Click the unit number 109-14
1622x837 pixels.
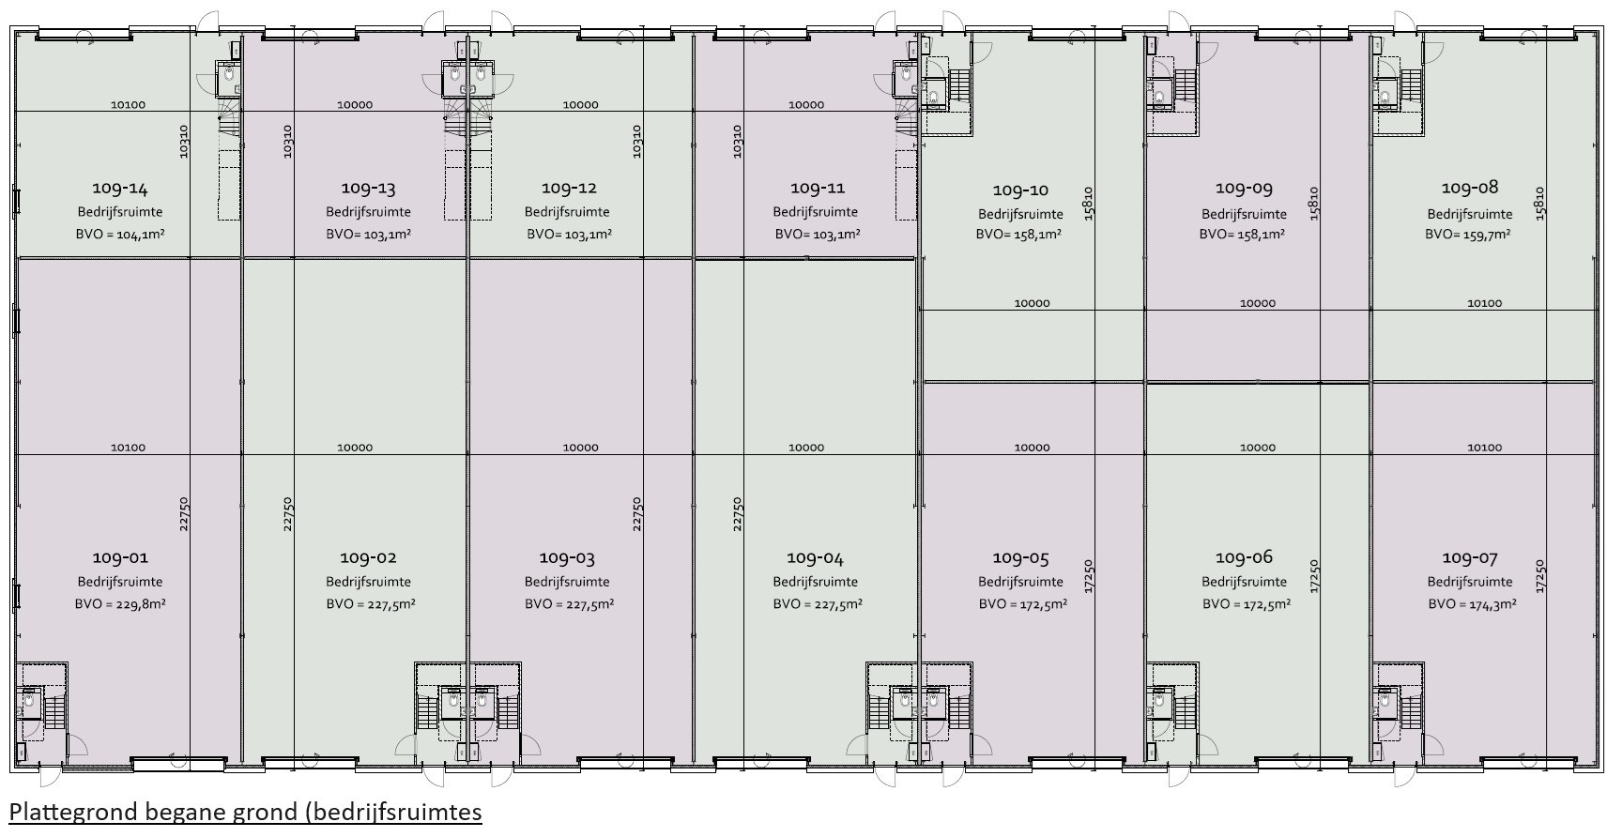pyautogui.click(x=120, y=188)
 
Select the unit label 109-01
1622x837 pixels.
pyautogui.click(x=120, y=557)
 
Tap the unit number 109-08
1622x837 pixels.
pyautogui.click(x=1470, y=188)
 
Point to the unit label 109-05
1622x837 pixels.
pyautogui.click(x=1020, y=557)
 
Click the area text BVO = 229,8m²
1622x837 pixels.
pyautogui.click(x=120, y=604)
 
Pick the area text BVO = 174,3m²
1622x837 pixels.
pyautogui.click(x=1472, y=604)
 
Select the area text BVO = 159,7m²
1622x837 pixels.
pyautogui.click(x=1468, y=234)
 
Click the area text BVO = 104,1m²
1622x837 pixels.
pyautogui.click(x=120, y=235)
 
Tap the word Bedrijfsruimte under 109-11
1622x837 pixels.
pyautogui.click(x=815, y=212)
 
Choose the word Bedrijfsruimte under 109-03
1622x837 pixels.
pyautogui.click(x=567, y=582)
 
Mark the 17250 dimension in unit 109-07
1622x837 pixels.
pyautogui.click(x=1540, y=576)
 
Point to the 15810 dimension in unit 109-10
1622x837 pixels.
pyautogui.click(x=1088, y=203)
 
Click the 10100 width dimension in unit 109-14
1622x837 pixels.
pyautogui.click(x=128, y=105)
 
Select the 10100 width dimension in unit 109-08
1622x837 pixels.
pyautogui.click(x=1484, y=303)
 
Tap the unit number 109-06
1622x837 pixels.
pyautogui.click(x=1244, y=557)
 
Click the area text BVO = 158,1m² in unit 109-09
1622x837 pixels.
pyautogui.click(x=1243, y=234)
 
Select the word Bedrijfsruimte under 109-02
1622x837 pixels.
pyautogui.click(x=369, y=582)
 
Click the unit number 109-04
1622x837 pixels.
pyautogui.click(x=815, y=558)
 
